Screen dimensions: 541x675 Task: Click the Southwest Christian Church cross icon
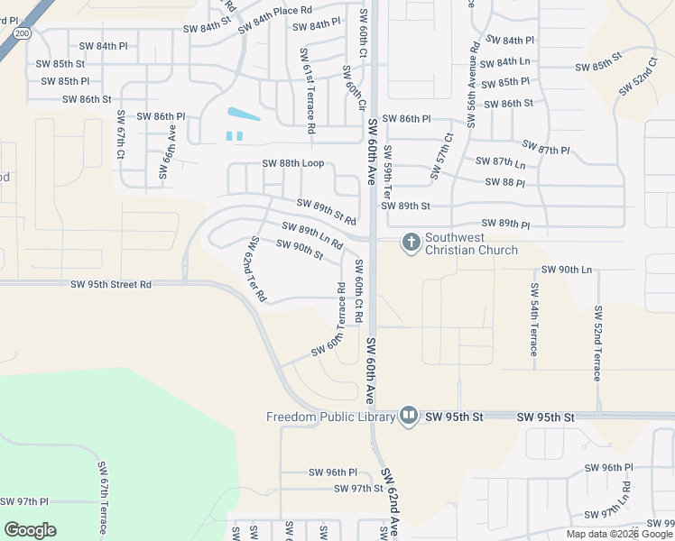tap(411, 242)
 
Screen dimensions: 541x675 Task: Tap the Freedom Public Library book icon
tap(409, 416)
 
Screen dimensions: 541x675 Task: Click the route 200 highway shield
tap(22, 32)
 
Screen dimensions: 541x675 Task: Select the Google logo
tap(30, 530)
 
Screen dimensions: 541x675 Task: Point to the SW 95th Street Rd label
tap(111, 284)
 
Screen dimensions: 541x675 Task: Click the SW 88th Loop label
tap(292, 164)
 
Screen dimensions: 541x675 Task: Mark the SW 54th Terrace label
tap(534, 318)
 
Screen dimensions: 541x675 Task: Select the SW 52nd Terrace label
tap(597, 342)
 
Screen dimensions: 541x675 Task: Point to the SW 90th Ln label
tap(567, 270)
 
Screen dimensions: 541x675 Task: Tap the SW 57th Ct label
tap(441, 155)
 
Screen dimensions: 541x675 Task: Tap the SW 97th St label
tap(358, 488)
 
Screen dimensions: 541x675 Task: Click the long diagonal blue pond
tap(244, 115)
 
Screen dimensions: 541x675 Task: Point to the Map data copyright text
tap(620, 534)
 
